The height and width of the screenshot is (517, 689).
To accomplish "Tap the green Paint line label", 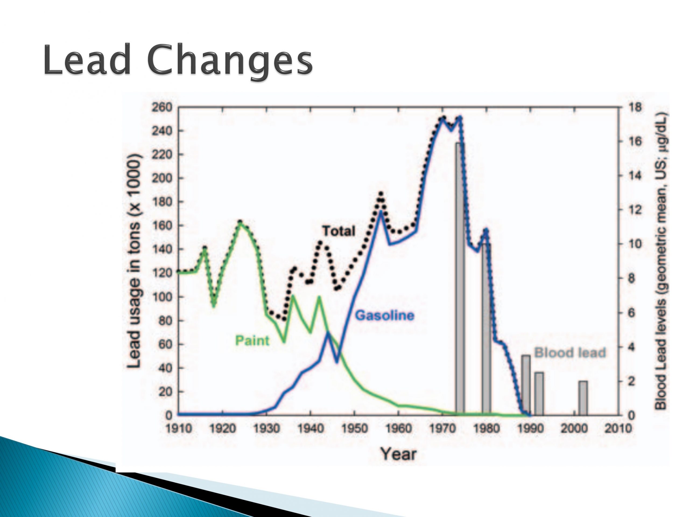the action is (252, 340).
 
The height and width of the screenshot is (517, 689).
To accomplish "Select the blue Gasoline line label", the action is (385, 315).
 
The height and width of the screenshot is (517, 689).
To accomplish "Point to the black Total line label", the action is (339, 231).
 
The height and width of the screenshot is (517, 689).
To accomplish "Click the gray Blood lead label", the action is (570, 352).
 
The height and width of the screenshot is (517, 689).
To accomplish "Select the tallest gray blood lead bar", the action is (460, 279).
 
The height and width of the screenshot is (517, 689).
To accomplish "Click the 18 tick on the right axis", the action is (635, 107).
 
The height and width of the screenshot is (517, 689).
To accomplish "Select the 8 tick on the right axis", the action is (632, 278).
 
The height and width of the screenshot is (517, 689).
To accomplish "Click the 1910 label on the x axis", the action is (178, 428).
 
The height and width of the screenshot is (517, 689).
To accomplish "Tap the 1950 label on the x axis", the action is (354, 428).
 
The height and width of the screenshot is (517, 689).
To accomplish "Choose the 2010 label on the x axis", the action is (618, 428).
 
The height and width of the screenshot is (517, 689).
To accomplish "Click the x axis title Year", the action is (398, 454).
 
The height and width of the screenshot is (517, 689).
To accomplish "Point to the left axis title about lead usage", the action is (135, 261).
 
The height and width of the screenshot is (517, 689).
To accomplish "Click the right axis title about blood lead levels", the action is (661, 261).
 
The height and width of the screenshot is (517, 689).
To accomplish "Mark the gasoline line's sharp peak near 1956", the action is (381, 212).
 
